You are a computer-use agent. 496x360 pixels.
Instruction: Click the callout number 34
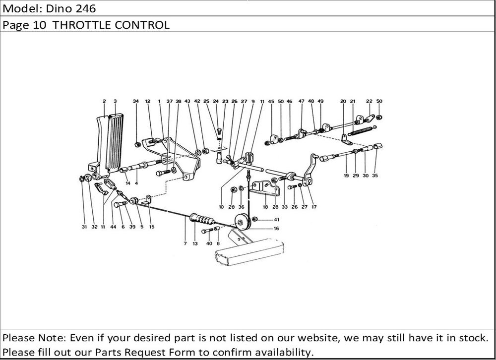(x=135, y=101)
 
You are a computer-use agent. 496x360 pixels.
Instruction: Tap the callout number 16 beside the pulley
(x=276, y=229)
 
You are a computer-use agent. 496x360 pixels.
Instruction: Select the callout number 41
(x=276, y=219)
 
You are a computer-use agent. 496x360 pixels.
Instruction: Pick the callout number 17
(x=313, y=207)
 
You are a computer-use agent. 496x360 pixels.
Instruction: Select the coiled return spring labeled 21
(x=363, y=132)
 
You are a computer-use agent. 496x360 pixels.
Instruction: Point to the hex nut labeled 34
(x=138, y=145)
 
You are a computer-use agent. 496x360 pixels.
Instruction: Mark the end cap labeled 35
(x=378, y=146)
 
